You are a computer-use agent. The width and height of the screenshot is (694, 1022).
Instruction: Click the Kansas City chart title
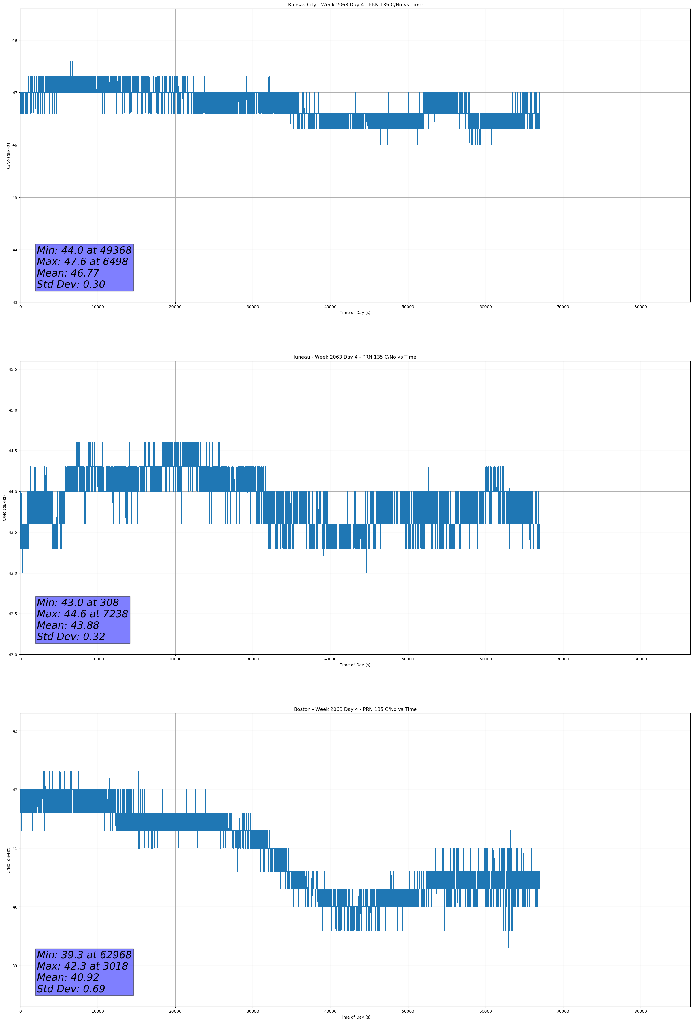(355, 5)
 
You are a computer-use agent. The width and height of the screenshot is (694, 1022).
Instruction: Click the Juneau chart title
(355, 357)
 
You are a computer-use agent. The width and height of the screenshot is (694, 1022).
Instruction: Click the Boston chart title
(355, 709)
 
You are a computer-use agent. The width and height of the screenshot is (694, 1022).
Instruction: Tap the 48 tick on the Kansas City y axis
(14, 40)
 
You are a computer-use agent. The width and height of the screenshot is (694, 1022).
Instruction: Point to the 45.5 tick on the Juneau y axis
(13, 369)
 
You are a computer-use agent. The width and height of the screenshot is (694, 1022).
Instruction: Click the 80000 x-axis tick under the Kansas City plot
(640, 307)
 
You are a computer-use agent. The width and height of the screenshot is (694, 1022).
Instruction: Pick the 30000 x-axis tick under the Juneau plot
(252, 659)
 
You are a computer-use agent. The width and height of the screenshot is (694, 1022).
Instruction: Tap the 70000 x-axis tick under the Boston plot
(563, 1011)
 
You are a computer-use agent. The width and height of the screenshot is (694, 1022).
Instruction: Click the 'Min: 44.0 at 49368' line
(84, 250)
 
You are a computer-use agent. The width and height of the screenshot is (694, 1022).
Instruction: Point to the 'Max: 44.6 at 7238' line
(82, 614)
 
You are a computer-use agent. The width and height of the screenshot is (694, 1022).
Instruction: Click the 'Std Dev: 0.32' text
(71, 637)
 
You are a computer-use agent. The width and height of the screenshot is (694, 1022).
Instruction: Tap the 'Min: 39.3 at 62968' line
(84, 955)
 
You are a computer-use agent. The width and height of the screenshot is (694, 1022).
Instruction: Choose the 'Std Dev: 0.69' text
(71, 989)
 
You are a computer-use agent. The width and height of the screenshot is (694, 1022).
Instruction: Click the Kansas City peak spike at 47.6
(71, 62)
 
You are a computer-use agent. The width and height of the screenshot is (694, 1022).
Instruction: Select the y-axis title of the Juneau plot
(4, 508)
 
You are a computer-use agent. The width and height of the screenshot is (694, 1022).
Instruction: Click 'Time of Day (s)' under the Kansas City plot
(355, 313)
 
